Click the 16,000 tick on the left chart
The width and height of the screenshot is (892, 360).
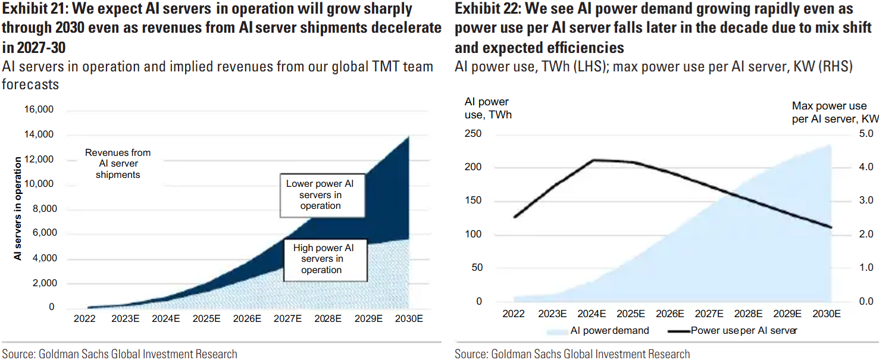click(x=39, y=109)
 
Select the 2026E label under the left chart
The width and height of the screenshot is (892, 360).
click(x=247, y=318)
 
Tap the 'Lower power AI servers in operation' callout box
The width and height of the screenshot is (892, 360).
click(x=322, y=195)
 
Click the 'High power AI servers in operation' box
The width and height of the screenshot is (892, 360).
click(x=325, y=259)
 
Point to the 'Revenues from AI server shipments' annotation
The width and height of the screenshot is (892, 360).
click(x=118, y=164)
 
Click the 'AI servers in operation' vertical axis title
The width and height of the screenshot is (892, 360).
click(x=17, y=208)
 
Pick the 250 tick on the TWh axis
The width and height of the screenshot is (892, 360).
click(x=472, y=133)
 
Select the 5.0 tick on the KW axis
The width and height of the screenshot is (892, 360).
click(x=866, y=133)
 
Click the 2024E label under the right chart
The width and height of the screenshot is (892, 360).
click(x=591, y=314)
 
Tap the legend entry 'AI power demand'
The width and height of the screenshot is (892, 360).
click(x=598, y=330)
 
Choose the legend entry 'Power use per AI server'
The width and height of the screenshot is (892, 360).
click(x=733, y=330)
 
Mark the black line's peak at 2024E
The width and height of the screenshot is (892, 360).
click(x=593, y=160)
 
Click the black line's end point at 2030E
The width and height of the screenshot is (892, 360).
click(x=831, y=227)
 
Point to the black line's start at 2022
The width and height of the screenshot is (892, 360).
click(x=515, y=217)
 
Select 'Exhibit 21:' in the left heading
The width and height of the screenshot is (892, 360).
click(x=35, y=9)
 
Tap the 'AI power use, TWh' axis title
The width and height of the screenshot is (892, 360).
click(x=488, y=108)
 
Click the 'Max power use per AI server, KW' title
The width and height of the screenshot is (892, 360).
click(x=835, y=112)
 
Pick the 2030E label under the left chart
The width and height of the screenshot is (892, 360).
click(x=409, y=318)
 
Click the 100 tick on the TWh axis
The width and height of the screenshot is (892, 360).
click(x=472, y=234)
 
